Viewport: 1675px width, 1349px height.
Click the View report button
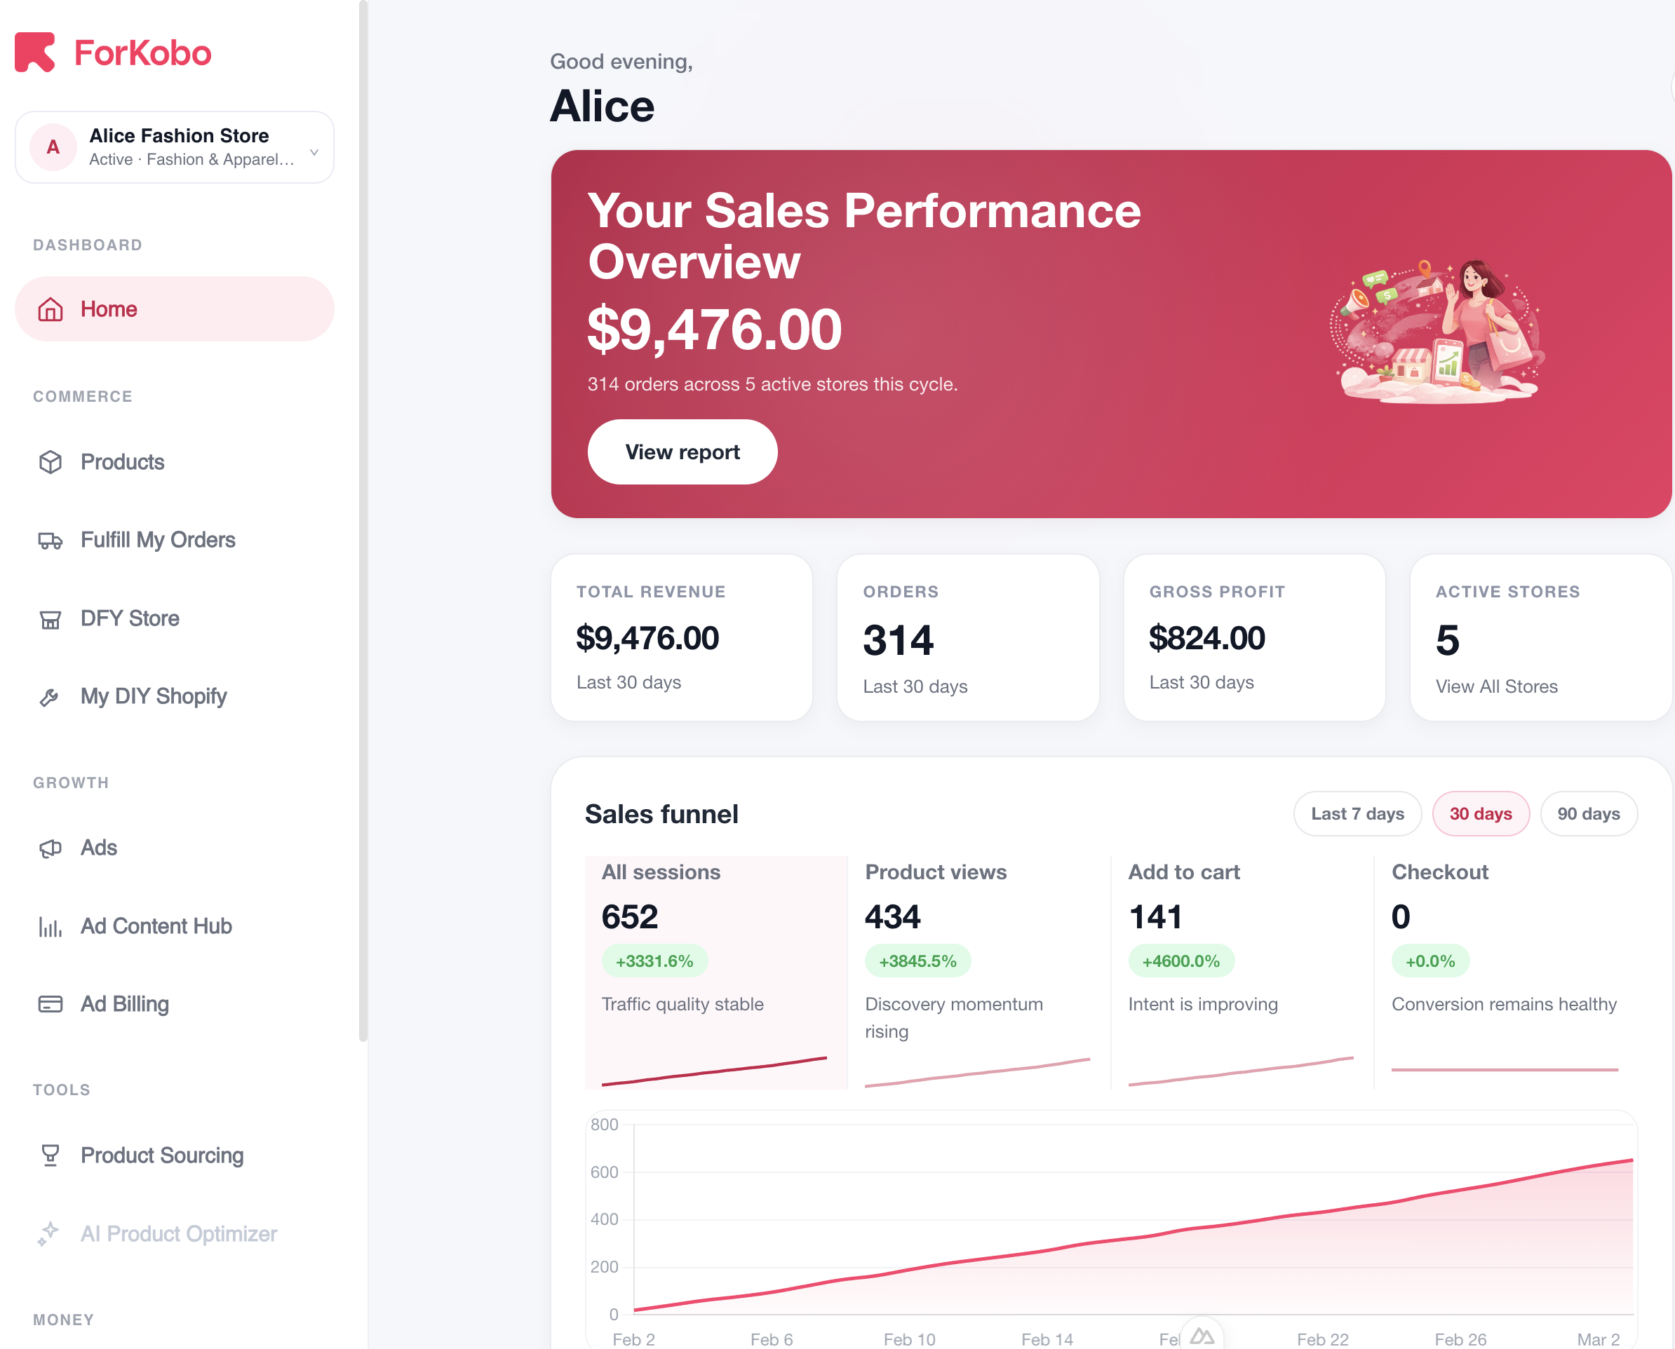pos(682,452)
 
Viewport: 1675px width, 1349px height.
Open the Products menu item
pos(122,462)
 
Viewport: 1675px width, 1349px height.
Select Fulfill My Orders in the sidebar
pos(157,540)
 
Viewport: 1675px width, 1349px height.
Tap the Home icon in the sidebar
pos(51,309)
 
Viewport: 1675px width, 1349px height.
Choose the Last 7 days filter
pos(1357,813)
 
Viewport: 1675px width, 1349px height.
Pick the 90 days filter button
pos(1588,813)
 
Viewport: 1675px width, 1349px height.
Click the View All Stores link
pos(1495,686)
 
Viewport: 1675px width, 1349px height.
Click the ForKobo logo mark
pos(35,52)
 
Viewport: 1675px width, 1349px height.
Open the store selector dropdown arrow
pos(314,151)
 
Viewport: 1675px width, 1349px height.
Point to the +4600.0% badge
pos(1180,961)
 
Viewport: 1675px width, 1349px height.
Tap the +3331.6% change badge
pos(654,961)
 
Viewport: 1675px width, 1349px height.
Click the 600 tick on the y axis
pos(604,1172)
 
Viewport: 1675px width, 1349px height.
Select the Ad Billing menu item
pos(124,1004)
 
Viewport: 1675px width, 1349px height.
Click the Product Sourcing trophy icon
pos(51,1155)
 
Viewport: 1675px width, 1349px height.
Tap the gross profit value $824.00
pos(1206,638)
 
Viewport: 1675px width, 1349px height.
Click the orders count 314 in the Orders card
pos(898,640)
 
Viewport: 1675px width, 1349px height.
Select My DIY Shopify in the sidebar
pos(153,696)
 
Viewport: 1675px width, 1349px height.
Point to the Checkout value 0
pos(1400,917)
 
